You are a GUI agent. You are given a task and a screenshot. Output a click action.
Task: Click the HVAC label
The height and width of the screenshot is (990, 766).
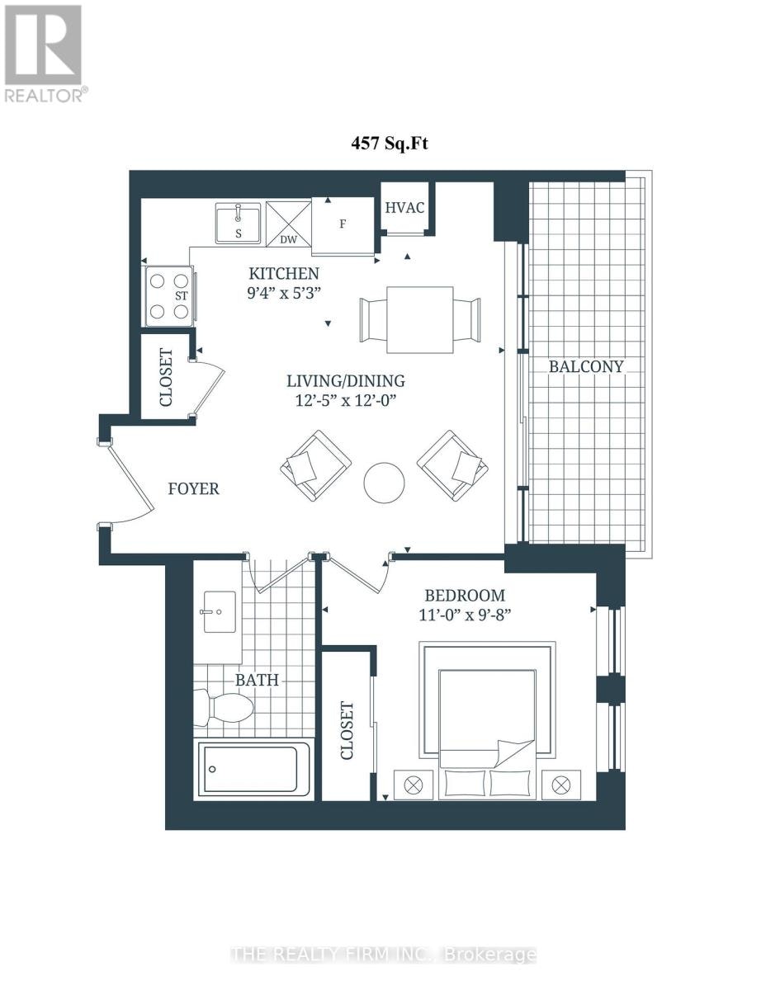pos(404,208)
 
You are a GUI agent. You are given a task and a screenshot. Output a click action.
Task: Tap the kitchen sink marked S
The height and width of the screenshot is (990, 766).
pos(238,223)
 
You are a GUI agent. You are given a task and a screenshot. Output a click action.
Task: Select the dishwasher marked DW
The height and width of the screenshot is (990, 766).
pos(288,224)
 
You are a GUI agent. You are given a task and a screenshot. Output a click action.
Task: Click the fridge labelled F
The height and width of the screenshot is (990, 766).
pos(343,226)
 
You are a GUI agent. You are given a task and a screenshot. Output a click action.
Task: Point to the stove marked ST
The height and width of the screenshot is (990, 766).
pos(168,295)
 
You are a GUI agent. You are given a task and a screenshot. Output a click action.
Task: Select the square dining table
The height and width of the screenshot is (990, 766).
pos(419,319)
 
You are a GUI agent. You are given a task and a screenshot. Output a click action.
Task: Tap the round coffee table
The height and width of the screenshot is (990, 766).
pos(384,483)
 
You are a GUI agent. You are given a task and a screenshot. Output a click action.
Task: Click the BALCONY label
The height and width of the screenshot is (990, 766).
pos(585,367)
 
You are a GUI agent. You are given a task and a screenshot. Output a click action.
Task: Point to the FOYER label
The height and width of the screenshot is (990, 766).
pos(194,489)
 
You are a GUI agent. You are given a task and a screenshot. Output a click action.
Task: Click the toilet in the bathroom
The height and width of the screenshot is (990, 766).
pos(223,709)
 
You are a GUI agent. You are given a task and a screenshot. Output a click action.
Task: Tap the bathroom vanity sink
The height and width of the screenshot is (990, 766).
pos(220,612)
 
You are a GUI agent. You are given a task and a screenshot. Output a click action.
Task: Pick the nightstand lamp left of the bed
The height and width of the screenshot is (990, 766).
pos(414,785)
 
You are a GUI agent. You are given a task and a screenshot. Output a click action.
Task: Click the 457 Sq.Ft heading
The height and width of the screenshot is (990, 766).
pos(390,144)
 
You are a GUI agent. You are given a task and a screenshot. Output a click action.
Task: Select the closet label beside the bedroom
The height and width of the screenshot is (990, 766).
pos(347,731)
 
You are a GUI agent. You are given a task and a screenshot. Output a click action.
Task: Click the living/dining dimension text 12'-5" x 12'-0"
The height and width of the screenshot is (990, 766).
pos(346,400)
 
